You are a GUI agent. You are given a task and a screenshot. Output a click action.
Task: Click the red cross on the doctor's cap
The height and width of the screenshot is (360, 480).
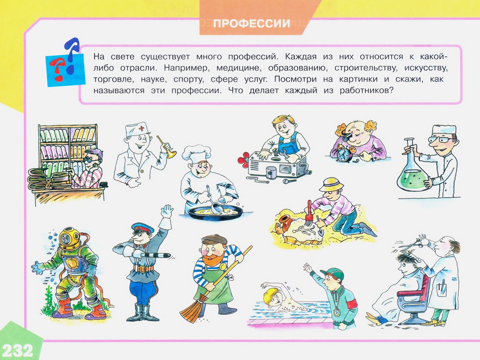[x=142, y=129]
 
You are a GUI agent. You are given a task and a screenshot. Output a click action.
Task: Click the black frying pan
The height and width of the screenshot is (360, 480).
[x=215, y=213]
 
